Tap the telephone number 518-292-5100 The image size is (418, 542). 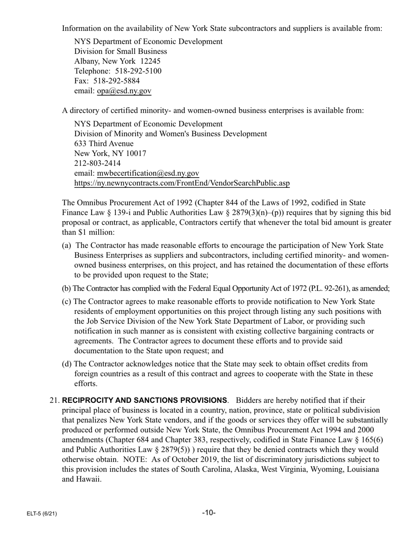(138, 71)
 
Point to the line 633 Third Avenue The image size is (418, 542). (104, 144)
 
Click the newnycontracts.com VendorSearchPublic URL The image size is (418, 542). (182, 183)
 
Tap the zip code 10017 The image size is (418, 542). (135, 154)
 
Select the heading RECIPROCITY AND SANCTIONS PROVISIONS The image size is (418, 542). (145, 401)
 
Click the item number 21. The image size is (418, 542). (54, 401)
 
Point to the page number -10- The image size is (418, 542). (209, 512)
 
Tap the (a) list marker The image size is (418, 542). (67, 245)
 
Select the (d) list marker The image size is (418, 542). (67, 364)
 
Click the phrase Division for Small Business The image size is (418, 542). (121, 51)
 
